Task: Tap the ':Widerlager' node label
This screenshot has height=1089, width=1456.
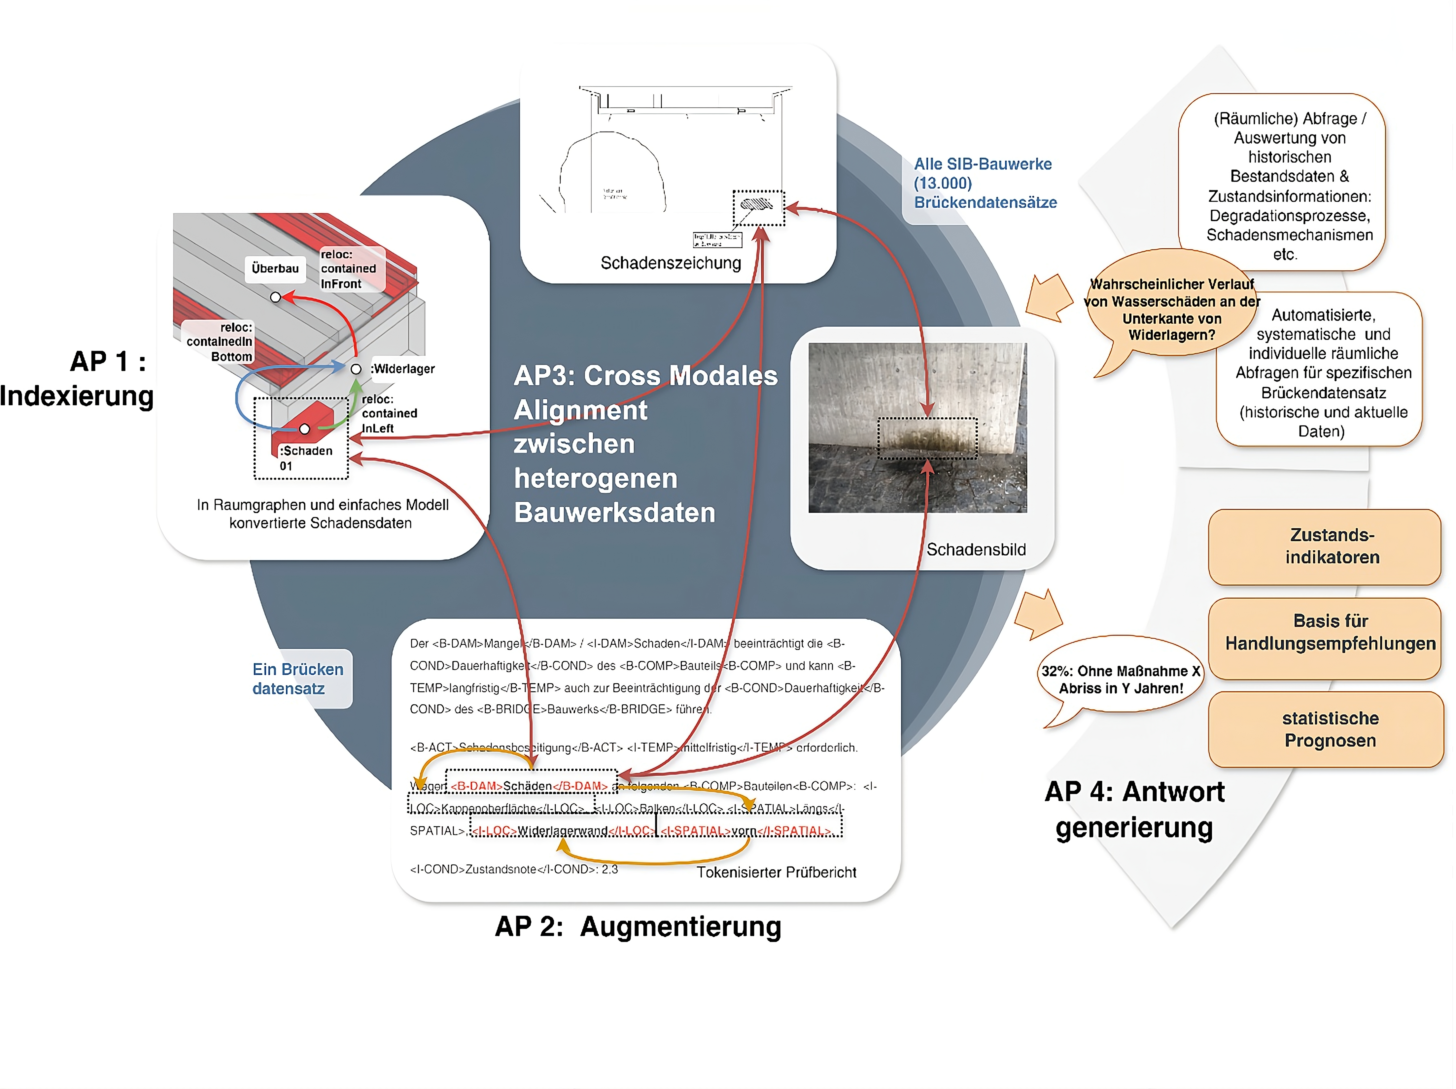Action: (x=403, y=369)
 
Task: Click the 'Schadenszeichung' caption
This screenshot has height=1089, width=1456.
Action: (x=671, y=263)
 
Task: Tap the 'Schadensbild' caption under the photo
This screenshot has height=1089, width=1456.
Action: (x=976, y=549)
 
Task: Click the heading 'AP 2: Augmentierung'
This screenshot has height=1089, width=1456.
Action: (x=638, y=926)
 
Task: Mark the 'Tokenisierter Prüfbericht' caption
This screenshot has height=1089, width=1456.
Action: (x=776, y=873)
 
